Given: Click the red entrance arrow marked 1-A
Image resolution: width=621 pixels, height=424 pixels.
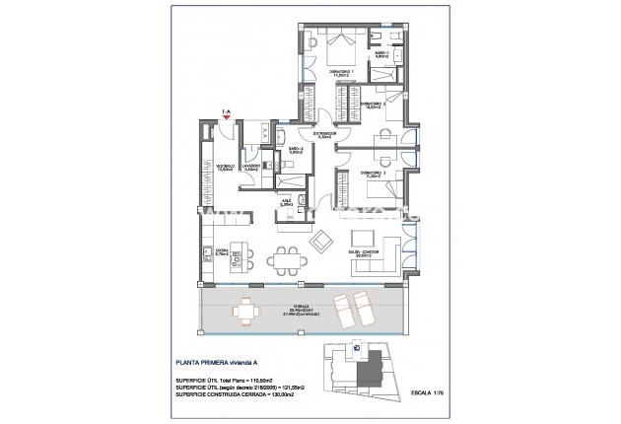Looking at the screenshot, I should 228,116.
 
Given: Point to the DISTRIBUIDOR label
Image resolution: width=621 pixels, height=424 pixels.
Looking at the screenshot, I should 325,134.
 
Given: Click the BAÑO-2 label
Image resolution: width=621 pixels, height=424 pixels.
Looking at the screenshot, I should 296,150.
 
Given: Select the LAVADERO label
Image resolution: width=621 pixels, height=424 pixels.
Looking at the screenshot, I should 251,168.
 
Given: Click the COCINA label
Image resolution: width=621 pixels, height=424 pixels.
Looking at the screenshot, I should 222,252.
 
